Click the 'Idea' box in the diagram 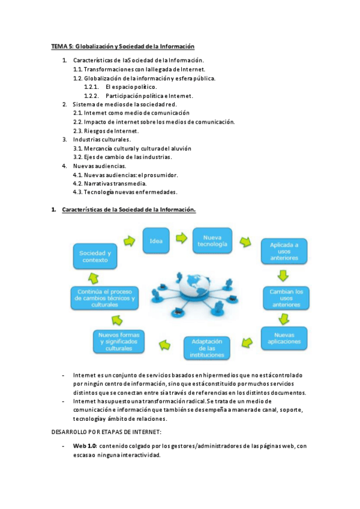(x=156, y=241)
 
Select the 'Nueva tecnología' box (x=212, y=241)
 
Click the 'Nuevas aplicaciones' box (x=284, y=338)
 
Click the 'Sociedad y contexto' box (x=94, y=257)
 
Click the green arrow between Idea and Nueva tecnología (x=180, y=239)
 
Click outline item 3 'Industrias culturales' (x=102, y=139)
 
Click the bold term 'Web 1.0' (x=86, y=446)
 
